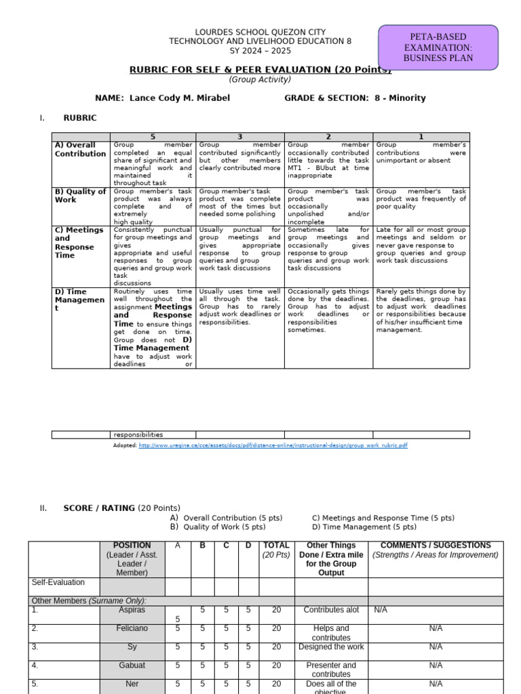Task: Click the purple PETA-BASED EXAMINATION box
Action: [x=438, y=47]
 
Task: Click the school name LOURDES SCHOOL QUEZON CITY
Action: [x=260, y=32]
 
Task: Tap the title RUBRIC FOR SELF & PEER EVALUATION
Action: [x=260, y=70]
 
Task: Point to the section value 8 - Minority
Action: [x=400, y=98]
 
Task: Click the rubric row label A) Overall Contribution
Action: [x=80, y=149]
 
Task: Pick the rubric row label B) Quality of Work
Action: [x=80, y=195]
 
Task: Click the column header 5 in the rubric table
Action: [x=153, y=136]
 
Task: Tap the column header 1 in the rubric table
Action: [x=421, y=136]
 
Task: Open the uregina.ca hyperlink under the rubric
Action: [x=273, y=445]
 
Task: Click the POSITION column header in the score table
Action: [x=132, y=545]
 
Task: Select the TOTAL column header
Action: [x=276, y=545]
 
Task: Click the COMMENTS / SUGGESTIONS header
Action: [x=436, y=545]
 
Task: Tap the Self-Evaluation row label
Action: [x=58, y=582]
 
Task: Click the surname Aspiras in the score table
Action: [x=132, y=610]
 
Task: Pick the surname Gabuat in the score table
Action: [x=132, y=666]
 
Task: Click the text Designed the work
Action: [x=331, y=647]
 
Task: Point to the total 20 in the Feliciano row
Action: [x=276, y=628]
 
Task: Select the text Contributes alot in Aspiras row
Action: [x=331, y=610]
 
